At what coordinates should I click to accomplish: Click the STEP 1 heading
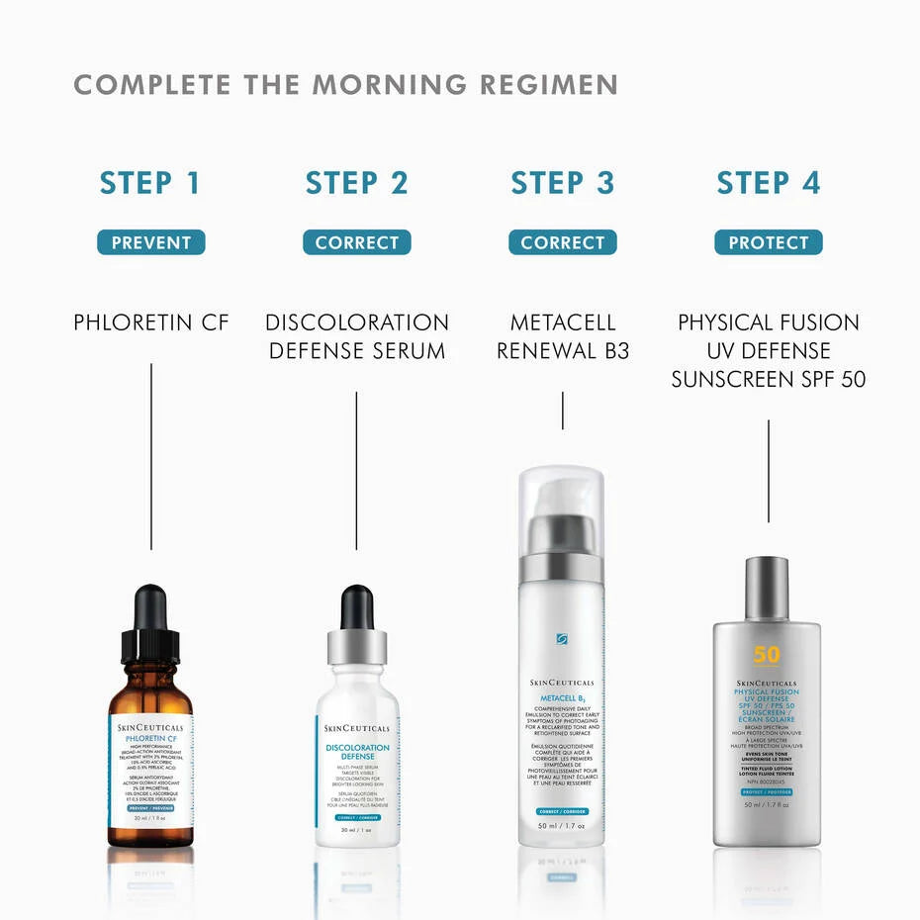[x=150, y=183]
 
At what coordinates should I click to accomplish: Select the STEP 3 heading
[x=562, y=183]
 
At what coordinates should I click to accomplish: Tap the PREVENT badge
[x=150, y=242]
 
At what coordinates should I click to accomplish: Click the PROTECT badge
[x=768, y=242]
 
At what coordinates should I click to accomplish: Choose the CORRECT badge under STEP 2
[x=356, y=242]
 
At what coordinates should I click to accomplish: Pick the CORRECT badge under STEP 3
[x=562, y=242]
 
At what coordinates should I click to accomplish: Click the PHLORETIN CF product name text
[x=150, y=322]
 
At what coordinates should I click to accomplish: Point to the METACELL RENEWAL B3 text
[x=562, y=336]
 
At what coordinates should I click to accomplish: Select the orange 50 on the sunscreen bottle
[x=767, y=655]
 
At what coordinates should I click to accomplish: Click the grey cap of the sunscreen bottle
[x=767, y=586]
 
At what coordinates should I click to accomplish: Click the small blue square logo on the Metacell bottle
[x=561, y=639]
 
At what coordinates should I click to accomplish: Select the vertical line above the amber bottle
[x=151, y=455]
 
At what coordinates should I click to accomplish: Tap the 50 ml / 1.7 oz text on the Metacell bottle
[x=561, y=825]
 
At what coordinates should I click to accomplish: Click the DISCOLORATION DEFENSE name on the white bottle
[x=357, y=752]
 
